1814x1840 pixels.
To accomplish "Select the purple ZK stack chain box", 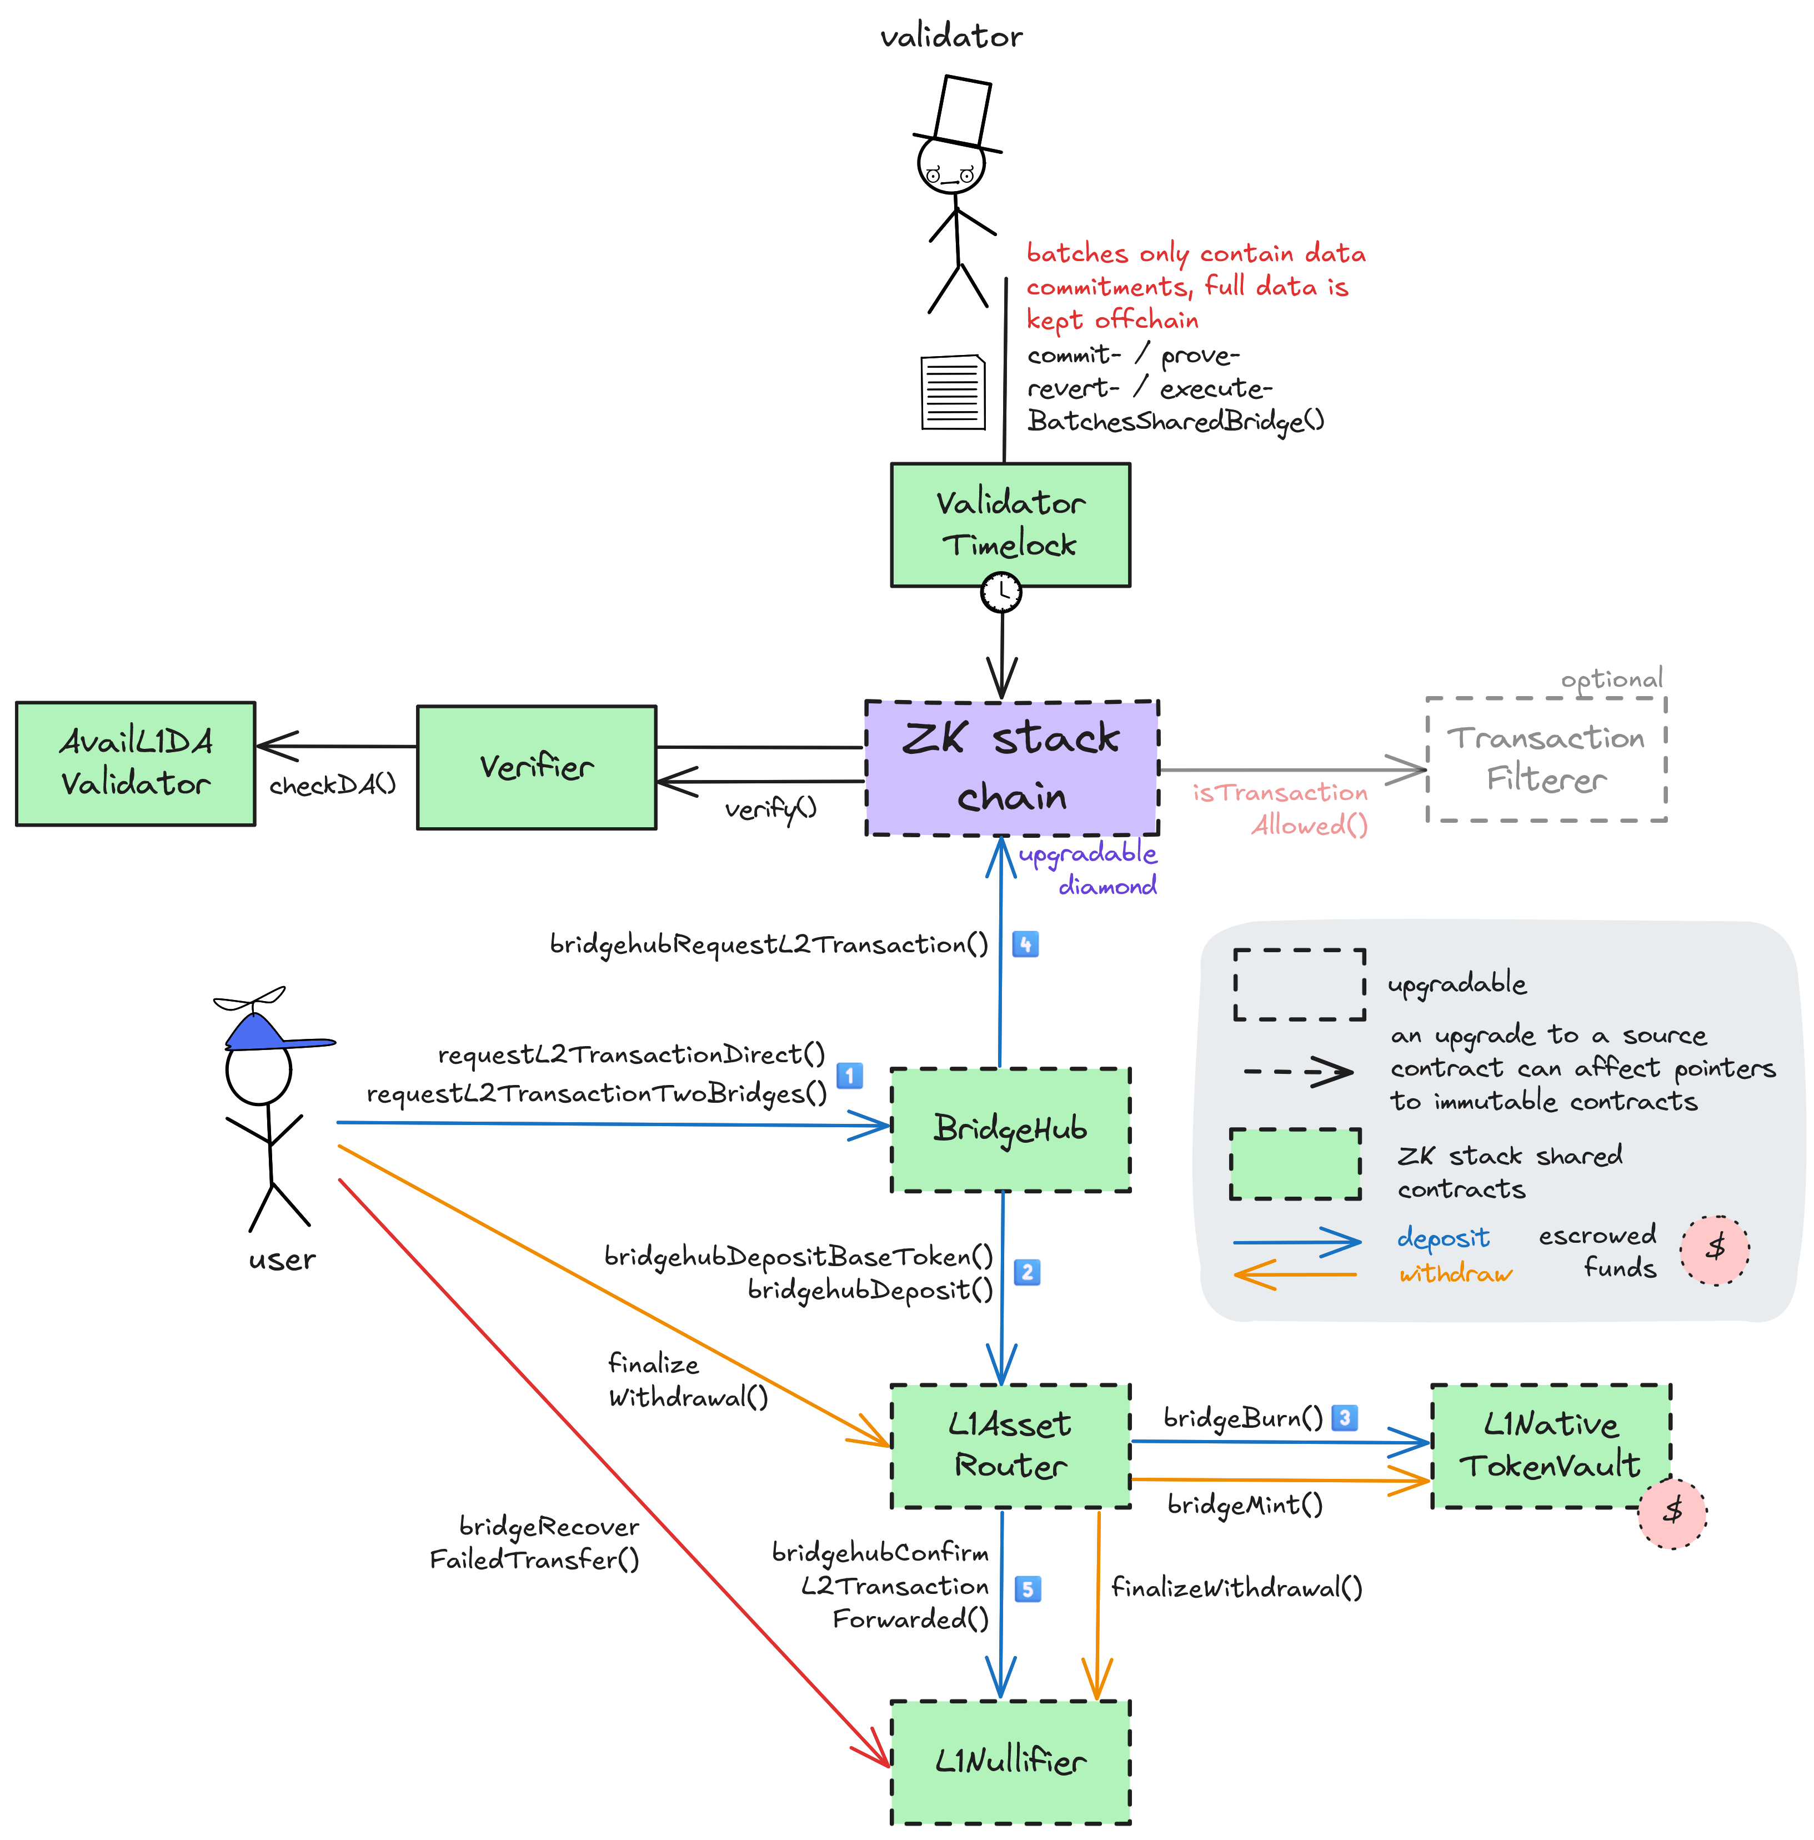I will [x=1011, y=768].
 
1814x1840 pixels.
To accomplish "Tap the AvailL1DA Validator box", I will [x=135, y=763].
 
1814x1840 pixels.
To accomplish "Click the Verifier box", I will [x=536, y=767].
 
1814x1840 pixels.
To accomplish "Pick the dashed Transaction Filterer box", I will [x=1546, y=759].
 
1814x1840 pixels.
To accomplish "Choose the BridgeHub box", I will [x=1010, y=1129].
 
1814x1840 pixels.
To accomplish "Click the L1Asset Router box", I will [x=1010, y=1446].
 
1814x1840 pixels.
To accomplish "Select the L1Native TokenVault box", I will [x=1550, y=1445].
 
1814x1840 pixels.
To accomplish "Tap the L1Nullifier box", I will [x=1010, y=1762].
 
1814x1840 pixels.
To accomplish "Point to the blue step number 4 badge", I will [x=1025, y=945].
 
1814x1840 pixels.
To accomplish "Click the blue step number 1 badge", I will [x=849, y=1075].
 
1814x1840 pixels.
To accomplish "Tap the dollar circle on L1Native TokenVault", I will [x=1672, y=1512].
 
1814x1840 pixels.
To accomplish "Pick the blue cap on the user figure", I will [x=262, y=1033].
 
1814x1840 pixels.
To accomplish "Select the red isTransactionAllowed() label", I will [x=1281, y=808].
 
